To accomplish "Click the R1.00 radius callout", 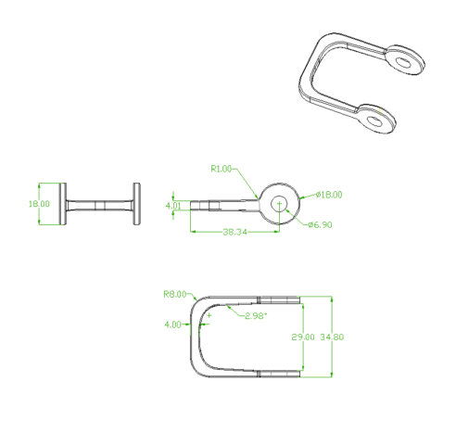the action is tap(221, 169).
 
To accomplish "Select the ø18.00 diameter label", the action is tap(329, 195).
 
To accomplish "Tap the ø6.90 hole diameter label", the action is tap(320, 224).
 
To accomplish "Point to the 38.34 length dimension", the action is tap(234, 232).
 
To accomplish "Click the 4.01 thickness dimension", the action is tap(173, 206).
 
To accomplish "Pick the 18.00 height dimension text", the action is tap(39, 204).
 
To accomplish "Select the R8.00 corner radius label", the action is tap(175, 294).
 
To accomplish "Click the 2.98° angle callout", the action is tap(256, 316).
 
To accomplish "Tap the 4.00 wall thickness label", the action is tap(172, 324).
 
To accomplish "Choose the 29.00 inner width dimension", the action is tap(303, 337).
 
